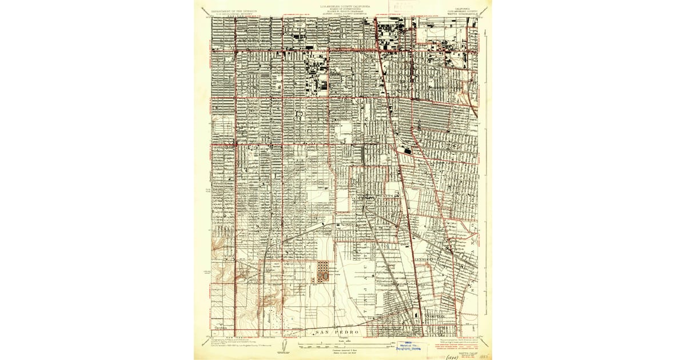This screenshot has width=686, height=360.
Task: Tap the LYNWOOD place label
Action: [x=425, y=259]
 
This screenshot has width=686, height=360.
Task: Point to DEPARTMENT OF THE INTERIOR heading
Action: [x=234, y=10]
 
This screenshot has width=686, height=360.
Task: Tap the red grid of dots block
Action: [x=322, y=271]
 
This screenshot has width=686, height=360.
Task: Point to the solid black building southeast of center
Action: [x=406, y=150]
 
